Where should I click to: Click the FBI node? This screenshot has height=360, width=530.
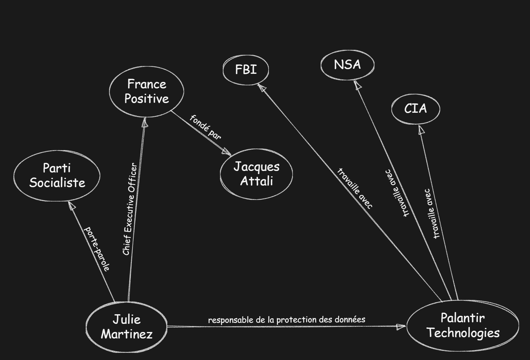point(246,69)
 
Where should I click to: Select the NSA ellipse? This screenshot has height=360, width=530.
point(347,65)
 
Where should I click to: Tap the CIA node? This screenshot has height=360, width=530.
point(415,109)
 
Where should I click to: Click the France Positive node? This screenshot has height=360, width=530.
point(146,92)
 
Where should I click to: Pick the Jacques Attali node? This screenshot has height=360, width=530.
point(256,174)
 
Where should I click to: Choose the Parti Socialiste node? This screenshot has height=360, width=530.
point(57,176)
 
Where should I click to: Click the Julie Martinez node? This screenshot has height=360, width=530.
point(127,327)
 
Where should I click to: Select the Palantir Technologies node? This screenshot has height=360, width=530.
point(463,325)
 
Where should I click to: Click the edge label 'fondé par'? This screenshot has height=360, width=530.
point(205,127)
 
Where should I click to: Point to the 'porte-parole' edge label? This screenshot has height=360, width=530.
point(97,249)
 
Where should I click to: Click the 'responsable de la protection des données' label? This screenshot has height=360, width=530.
point(287,320)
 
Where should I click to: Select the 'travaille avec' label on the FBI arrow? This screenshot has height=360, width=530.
point(355,188)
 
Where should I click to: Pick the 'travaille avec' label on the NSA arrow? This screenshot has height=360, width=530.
point(397,193)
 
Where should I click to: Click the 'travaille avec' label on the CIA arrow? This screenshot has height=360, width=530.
point(432,214)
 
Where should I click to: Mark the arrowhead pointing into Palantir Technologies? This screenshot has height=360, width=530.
point(401,327)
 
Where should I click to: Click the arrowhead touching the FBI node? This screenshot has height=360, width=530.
point(262,88)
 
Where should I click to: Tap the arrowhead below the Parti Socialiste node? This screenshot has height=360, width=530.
point(72,206)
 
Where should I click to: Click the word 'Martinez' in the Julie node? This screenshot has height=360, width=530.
point(127,334)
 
